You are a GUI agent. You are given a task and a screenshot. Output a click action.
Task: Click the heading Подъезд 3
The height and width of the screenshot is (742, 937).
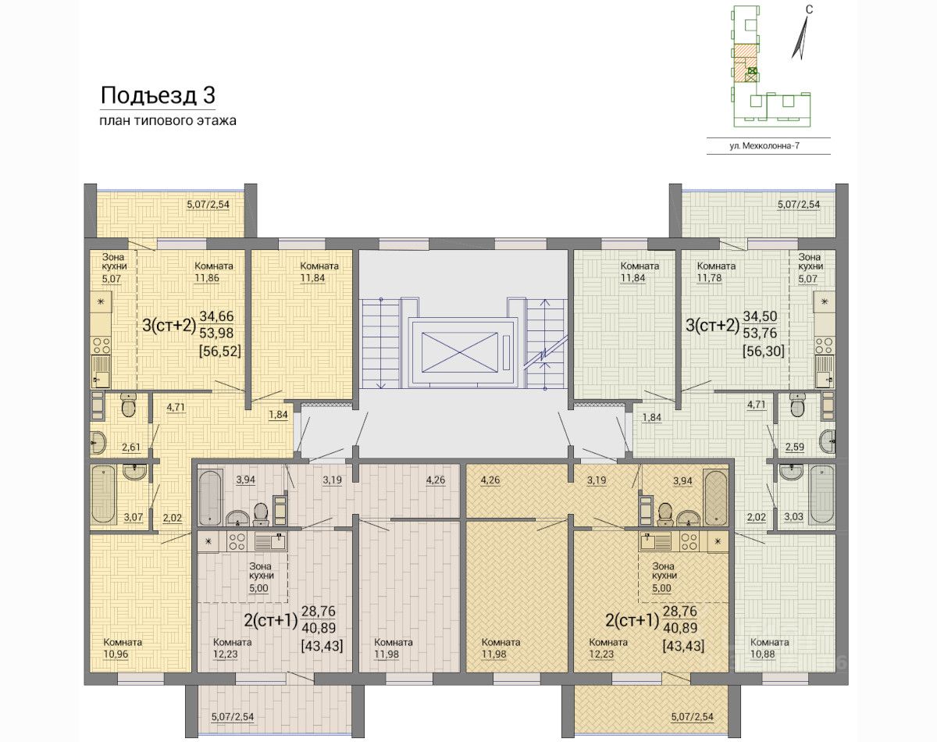tap(158, 95)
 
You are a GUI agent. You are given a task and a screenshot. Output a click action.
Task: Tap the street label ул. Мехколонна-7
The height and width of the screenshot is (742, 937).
tap(764, 146)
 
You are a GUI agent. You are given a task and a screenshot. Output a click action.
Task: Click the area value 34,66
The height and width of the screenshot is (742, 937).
tap(217, 316)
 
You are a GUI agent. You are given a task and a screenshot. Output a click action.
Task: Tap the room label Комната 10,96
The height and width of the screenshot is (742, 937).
tap(123, 648)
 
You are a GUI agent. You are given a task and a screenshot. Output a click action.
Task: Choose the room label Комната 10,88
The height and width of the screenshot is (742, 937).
tap(769, 648)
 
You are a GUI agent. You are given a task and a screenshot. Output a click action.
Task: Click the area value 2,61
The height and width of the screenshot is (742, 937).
tap(131, 447)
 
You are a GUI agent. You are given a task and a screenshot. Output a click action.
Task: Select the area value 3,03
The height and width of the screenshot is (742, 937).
tap(794, 517)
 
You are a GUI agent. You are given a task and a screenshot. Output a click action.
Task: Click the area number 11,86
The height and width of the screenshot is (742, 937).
tap(207, 278)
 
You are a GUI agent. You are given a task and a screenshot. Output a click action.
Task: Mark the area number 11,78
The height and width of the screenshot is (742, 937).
tap(709, 278)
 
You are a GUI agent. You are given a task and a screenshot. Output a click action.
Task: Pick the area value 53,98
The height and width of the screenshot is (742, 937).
tap(216, 333)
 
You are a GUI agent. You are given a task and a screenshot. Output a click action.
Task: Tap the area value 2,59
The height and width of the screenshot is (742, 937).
tap(795, 447)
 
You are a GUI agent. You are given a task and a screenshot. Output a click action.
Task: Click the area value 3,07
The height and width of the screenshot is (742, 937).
tap(134, 517)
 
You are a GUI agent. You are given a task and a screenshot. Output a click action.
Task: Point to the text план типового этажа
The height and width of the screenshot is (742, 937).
tap(168, 121)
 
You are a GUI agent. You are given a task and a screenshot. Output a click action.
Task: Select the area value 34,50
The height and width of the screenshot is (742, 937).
tap(760, 316)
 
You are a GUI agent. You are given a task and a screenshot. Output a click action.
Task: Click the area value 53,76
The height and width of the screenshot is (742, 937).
tap(760, 333)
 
